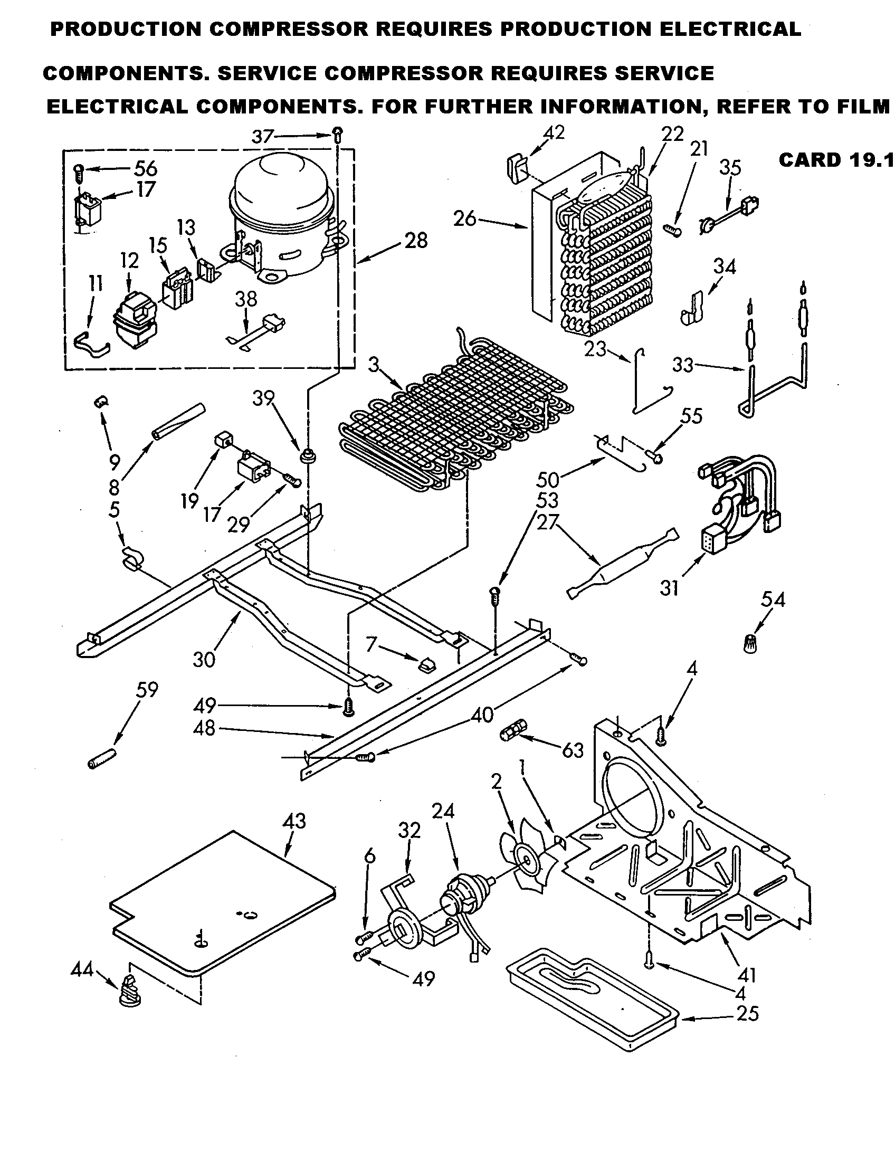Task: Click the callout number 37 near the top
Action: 263,137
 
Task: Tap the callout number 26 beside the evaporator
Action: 465,218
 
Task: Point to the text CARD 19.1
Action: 836,160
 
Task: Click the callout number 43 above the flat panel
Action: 294,821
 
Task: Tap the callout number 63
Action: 573,750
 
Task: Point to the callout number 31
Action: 669,587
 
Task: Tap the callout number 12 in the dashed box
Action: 129,261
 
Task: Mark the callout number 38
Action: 245,299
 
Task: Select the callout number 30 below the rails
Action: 204,660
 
